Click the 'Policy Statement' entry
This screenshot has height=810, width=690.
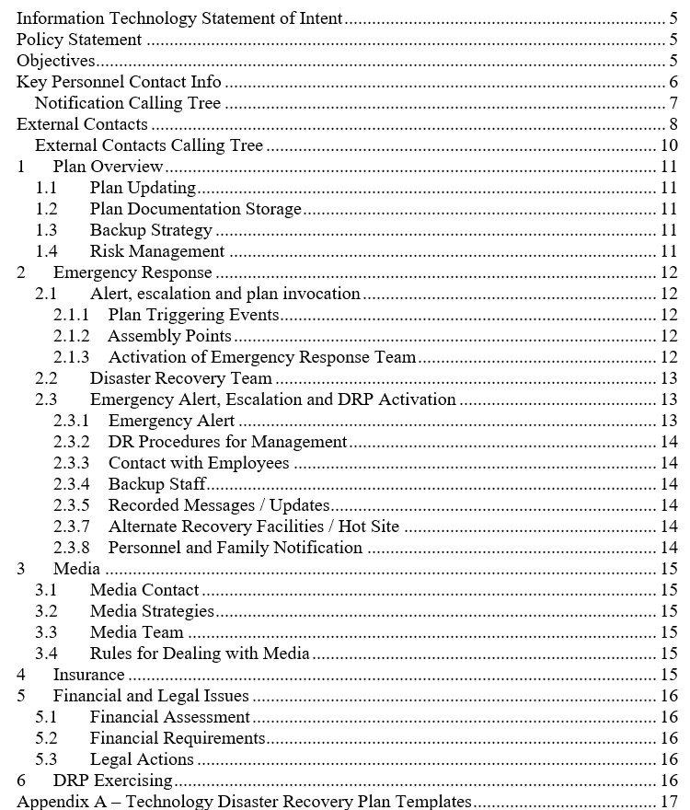[79, 40]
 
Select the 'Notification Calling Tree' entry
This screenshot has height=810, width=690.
[127, 103]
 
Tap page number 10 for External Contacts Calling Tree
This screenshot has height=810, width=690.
[669, 145]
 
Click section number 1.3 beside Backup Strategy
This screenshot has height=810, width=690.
[46, 230]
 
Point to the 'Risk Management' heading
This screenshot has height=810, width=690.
[156, 251]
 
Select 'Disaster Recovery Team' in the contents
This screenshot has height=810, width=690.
[180, 378]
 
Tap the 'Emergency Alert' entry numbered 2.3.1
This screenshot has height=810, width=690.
[165, 421]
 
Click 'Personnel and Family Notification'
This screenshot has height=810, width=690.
[235, 548]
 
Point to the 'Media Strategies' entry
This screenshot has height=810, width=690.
[152, 611]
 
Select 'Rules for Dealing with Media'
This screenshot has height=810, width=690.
[200, 654]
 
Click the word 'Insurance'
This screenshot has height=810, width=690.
[88, 675]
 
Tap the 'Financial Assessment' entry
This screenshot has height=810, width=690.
[169, 717]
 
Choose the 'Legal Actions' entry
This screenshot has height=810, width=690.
[142, 759]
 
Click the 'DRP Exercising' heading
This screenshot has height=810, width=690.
[112, 781]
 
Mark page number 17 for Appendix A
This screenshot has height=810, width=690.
[669, 802]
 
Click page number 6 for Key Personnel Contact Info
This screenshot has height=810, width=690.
[673, 82]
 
